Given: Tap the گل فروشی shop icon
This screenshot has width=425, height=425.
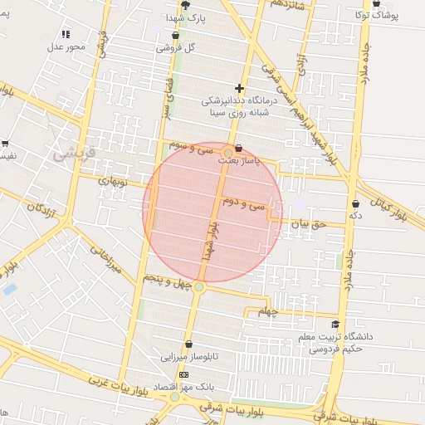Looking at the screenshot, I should [x=175, y=37].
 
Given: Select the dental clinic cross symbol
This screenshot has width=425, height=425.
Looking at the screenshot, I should [x=240, y=88].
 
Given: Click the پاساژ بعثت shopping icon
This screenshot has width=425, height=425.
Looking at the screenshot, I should [x=228, y=149].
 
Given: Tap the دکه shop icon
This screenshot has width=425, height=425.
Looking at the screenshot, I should [x=356, y=203].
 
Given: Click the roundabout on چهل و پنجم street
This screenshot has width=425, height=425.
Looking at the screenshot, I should [x=199, y=287].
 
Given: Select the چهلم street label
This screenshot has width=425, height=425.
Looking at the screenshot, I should [x=266, y=311].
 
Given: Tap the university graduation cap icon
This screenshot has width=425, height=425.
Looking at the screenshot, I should [x=335, y=325].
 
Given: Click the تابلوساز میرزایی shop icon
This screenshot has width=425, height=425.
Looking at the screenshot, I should [x=188, y=344].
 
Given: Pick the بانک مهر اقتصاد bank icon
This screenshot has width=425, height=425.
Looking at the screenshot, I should [x=183, y=374].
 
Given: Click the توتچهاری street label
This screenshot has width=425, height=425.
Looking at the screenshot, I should [x=111, y=180].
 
